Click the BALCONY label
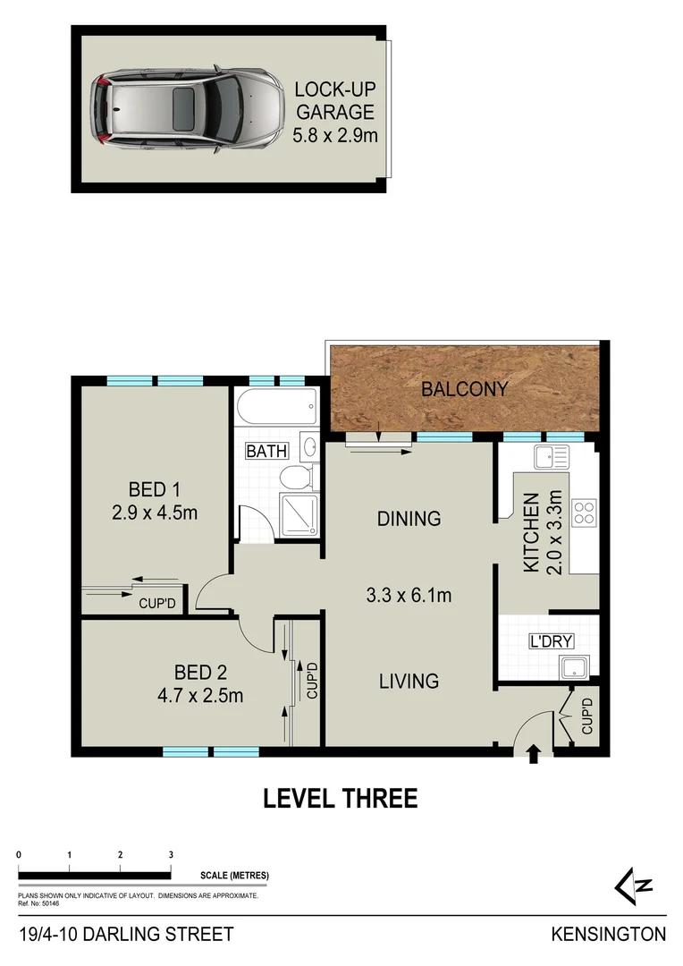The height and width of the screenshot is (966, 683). click(x=464, y=390)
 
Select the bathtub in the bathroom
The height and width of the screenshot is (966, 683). click(x=276, y=410)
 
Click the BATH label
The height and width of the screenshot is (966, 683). click(x=266, y=452)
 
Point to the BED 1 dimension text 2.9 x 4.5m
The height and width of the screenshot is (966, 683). click(x=155, y=513)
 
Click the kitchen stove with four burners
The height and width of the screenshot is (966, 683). click(x=584, y=513)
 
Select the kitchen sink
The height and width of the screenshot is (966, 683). click(x=550, y=458)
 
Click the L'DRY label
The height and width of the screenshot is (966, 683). click(x=551, y=640)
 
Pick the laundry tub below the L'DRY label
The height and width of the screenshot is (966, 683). click(x=571, y=666)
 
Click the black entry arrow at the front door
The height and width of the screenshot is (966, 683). click(x=534, y=755)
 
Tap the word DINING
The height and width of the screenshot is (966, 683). click(x=409, y=519)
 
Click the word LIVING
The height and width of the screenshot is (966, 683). click(x=408, y=681)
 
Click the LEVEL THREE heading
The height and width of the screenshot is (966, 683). click(x=340, y=799)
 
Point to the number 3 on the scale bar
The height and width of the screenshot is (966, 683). click(x=171, y=856)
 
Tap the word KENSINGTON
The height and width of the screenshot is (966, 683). click(x=608, y=935)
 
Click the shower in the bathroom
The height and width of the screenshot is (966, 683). click(x=299, y=513)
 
